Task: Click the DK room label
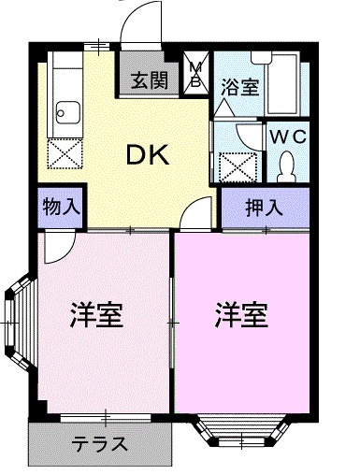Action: point(147,157)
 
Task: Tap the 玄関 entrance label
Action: point(149,80)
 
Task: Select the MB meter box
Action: point(198,74)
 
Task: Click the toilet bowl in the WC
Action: point(287,166)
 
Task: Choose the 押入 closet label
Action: point(264,208)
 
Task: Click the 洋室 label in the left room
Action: point(97,314)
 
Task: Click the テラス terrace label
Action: point(99,443)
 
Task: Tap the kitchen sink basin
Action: point(64,116)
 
